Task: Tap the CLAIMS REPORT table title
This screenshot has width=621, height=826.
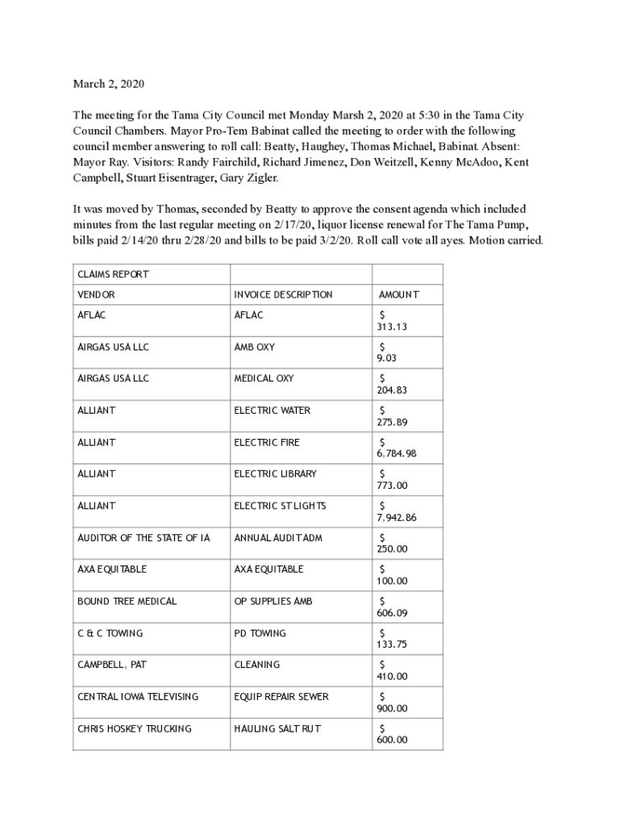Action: pyautogui.click(x=113, y=274)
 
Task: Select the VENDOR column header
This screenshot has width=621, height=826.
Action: pyautogui.click(x=96, y=295)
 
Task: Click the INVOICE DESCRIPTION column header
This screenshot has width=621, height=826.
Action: pyautogui.click(x=283, y=295)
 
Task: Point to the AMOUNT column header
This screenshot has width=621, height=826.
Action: pyautogui.click(x=398, y=295)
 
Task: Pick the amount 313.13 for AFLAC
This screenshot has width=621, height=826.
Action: pyautogui.click(x=391, y=327)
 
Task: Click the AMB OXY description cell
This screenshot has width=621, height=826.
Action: pyautogui.click(x=254, y=347)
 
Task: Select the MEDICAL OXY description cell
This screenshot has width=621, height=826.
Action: pyautogui.click(x=264, y=378)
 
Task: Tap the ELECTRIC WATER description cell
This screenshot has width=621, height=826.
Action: pyautogui.click(x=272, y=411)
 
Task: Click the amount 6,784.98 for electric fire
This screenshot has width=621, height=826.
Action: pyautogui.click(x=398, y=454)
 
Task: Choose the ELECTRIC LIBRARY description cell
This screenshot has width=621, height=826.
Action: pyautogui.click(x=275, y=473)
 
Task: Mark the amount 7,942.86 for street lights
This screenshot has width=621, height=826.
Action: pyautogui.click(x=398, y=518)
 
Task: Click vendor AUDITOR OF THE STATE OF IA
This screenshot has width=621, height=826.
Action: pyautogui.click(x=144, y=537)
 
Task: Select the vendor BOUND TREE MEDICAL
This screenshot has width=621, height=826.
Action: pyautogui.click(x=127, y=601)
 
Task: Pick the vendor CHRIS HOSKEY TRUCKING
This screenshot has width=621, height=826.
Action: pyautogui.click(x=135, y=728)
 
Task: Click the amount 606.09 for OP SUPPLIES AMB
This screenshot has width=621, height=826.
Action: pyautogui.click(x=392, y=613)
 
